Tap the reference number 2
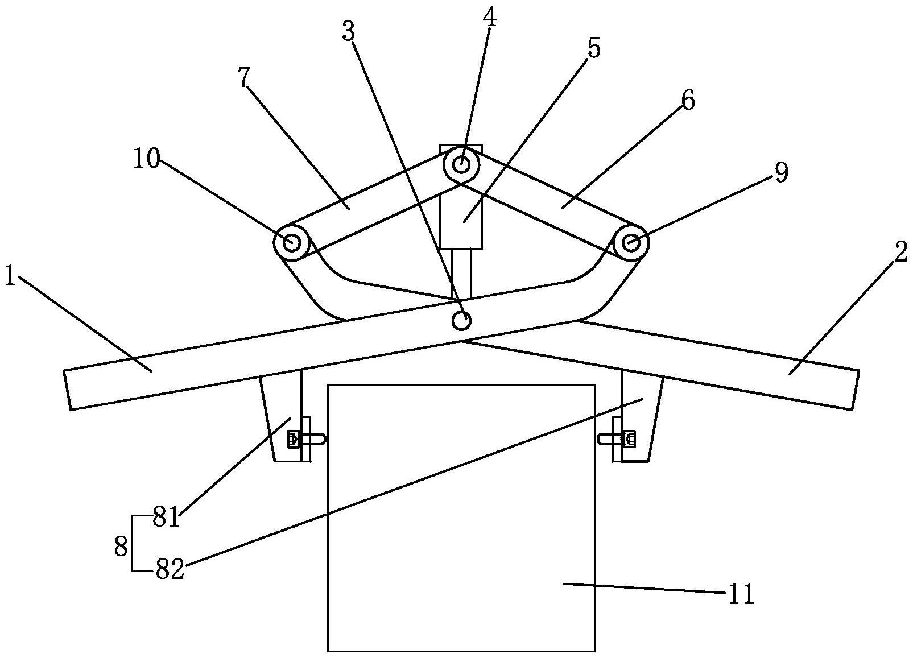900,253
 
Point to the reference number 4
489,18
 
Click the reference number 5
593,49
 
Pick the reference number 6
688,101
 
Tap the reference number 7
244,78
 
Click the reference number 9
782,172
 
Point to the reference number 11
740,595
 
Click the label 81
166,519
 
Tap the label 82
170,569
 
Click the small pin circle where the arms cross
461,321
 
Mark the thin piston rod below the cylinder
461,274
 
